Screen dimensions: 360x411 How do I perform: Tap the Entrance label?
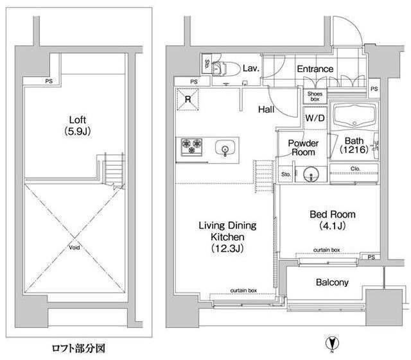tap(315, 69)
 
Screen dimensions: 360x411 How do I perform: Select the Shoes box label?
tap(315, 96)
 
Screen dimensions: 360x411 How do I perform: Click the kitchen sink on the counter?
tap(225, 148)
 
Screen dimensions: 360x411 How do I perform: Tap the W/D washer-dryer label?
tap(315, 118)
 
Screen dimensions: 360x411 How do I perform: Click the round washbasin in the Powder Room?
tap(312, 173)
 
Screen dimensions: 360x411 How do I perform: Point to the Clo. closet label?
tap(355, 169)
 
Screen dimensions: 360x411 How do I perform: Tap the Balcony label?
tap(332, 282)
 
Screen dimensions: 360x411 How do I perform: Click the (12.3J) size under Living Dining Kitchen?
tap(227, 248)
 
